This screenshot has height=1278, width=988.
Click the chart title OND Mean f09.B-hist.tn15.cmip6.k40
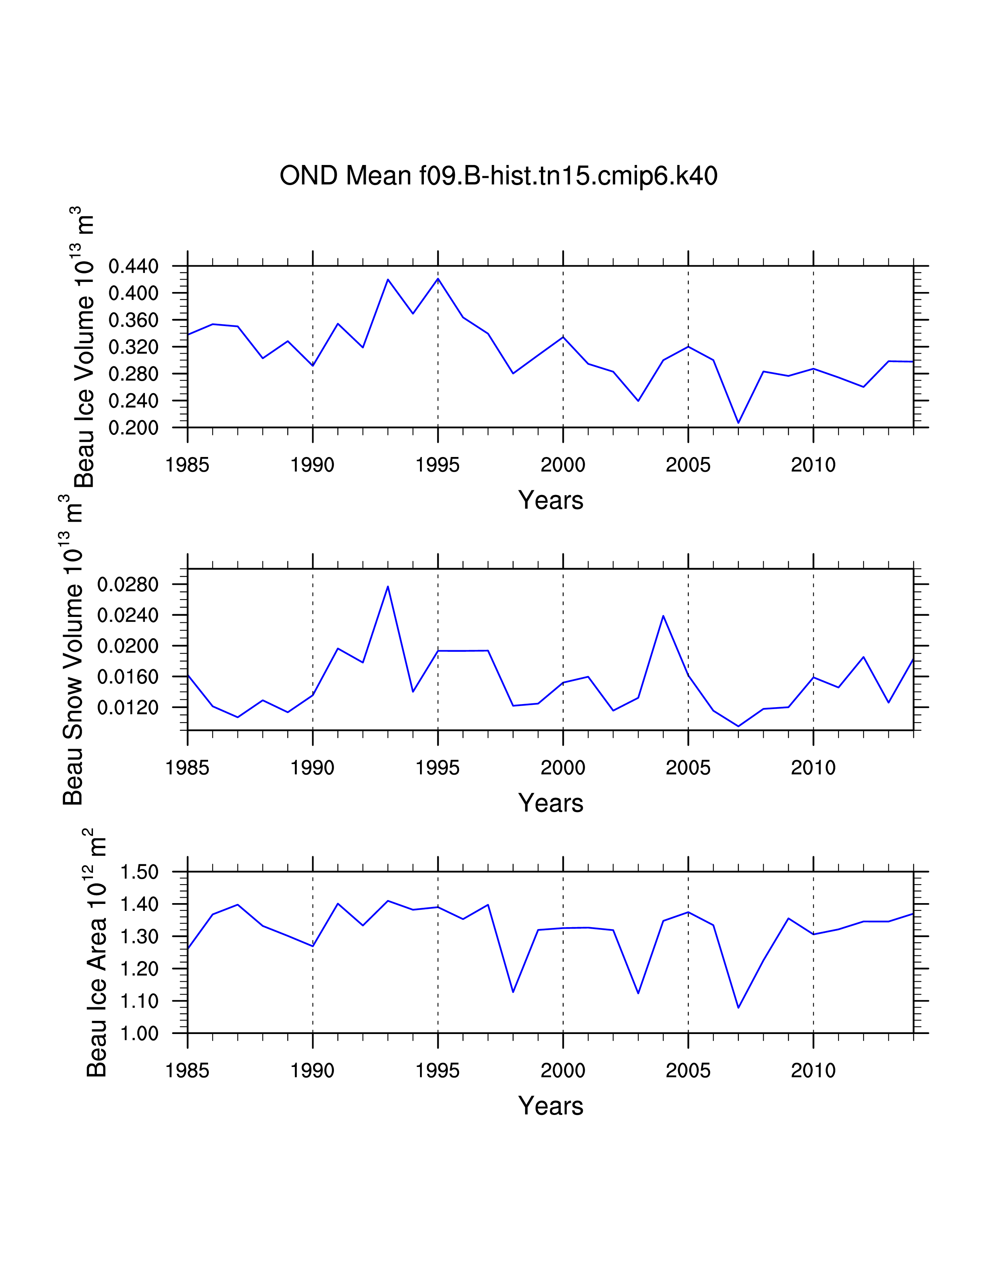coord(498,175)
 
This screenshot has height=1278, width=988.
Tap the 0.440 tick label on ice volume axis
coord(133,266)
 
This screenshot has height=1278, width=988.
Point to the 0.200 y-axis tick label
coord(133,428)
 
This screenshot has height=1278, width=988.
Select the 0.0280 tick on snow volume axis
coord(127,584)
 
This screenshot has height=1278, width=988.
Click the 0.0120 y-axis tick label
coord(127,708)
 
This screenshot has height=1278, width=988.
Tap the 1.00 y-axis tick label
coord(139,1033)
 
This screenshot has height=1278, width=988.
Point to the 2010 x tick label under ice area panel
coord(813,1071)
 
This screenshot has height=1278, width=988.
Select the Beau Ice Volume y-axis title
coord(84,348)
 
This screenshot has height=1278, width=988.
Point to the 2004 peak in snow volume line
coord(663,616)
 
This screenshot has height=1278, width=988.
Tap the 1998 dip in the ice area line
coord(513,992)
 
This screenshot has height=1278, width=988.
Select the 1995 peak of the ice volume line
coord(438,278)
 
